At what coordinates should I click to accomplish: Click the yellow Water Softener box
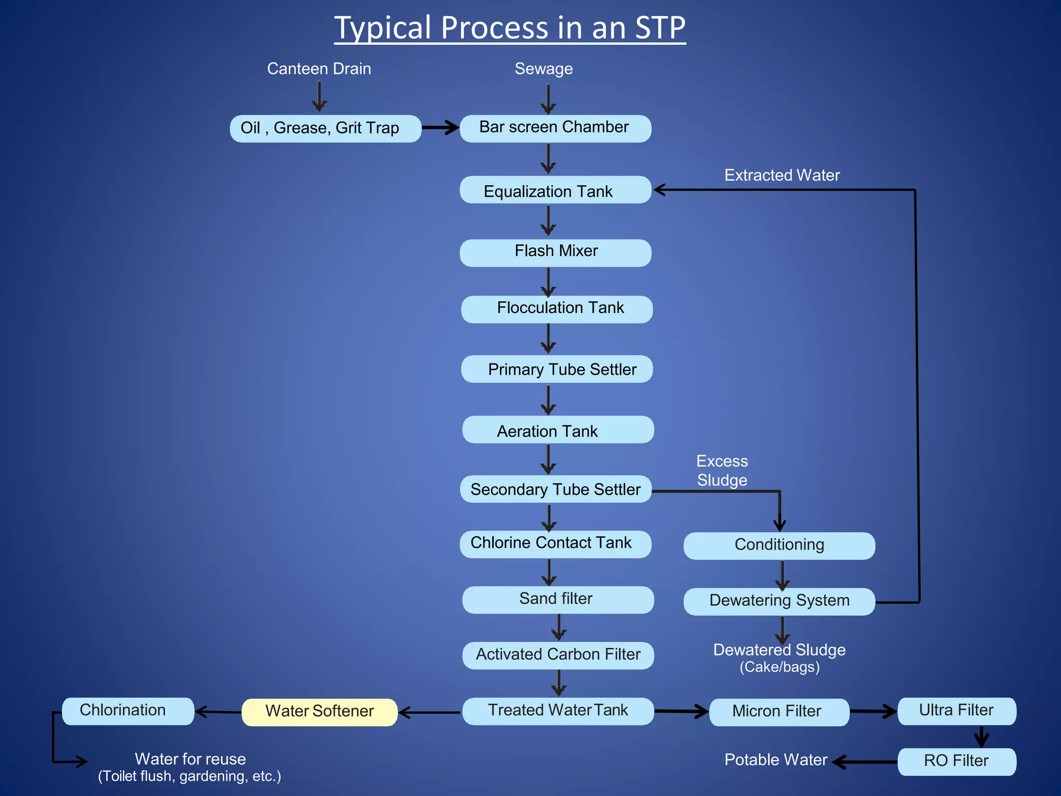pos(320,712)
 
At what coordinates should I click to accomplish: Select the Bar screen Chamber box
pos(555,129)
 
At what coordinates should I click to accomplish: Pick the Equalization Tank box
pos(555,190)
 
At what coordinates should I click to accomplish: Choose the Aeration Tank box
pos(558,430)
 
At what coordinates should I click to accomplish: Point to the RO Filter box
pos(956,761)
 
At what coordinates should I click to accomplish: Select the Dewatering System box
pos(779,601)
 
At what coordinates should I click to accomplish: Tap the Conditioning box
pos(779,546)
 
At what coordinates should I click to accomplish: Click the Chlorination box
pos(128,711)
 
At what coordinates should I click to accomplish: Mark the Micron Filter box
pos(779,712)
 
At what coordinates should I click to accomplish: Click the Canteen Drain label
pos(319,69)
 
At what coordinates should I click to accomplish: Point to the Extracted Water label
pos(782,175)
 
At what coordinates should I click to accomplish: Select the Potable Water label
pos(776,760)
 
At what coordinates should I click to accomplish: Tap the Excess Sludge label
pos(722,471)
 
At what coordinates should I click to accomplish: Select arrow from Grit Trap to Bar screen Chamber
pos(440,127)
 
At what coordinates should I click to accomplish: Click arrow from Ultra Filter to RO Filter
pos(981,736)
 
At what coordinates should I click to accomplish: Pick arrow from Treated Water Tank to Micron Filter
pos(681,712)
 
